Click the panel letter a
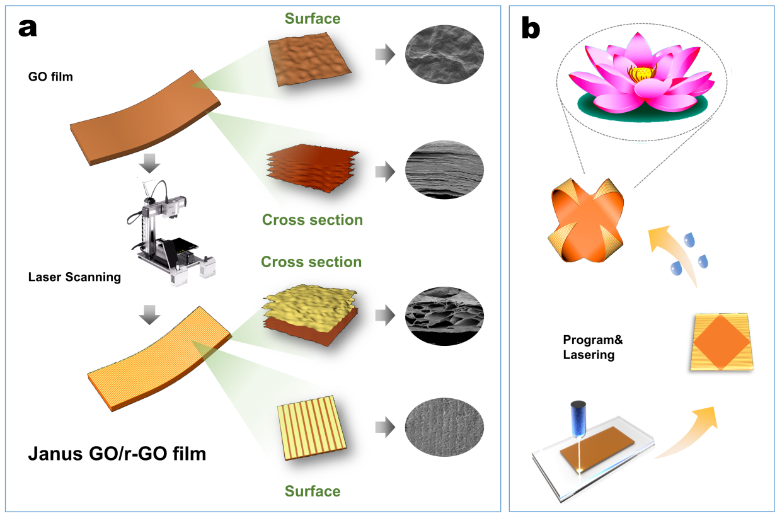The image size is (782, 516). [28, 28]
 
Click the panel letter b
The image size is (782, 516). [531, 28]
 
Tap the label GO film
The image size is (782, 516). [50, 77]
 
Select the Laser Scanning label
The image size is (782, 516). [74, 277]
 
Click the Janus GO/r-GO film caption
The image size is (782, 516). [117, 454]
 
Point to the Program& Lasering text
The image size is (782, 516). [593, 347]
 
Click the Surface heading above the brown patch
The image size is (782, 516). [313, 18]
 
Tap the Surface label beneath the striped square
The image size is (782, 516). [313, 491]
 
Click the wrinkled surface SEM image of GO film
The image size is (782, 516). [444, 54]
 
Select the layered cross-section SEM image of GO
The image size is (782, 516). [444, 170]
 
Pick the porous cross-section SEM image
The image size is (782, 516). [444, 316]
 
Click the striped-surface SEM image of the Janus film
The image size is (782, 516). [444, 427]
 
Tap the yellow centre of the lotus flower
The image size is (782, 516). [642, 73]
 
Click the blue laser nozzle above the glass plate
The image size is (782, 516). [578, 419]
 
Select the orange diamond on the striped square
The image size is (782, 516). [722, 342]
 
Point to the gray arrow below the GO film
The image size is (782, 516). [149, 163]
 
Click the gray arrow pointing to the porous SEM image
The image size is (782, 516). [385, 315]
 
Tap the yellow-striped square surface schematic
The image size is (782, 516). [312, 428]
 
